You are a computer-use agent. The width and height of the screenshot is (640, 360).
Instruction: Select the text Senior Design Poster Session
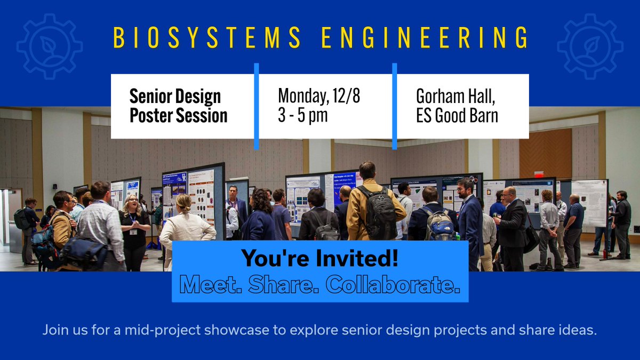tap(178, 106)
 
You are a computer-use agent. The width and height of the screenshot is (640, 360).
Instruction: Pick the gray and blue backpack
tap(438, 225)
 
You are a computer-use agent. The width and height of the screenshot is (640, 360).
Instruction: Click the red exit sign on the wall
tap(538, 174)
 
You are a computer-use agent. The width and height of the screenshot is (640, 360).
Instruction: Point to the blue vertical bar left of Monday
tap(256, 106)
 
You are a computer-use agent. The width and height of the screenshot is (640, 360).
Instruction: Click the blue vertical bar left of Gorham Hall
tap(395, 106)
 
